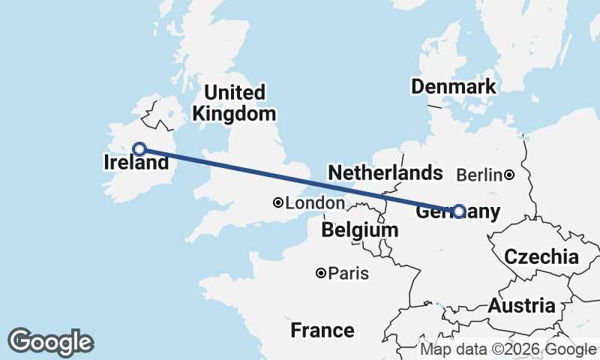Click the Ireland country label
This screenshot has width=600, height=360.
(x=136, y=162)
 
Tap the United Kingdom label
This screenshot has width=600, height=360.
(x=234, y=103)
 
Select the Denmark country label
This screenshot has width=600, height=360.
(x=453, y=86)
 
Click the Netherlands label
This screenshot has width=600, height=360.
(x=385, y=173)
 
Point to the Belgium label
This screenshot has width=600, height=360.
(x=359, y=230)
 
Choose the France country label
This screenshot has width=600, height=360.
(x=322, y=330)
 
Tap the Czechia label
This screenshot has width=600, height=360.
(x=541, y=257)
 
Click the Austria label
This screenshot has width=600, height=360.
(x=522, y=306)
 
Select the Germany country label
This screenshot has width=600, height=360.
(x=457, y=212)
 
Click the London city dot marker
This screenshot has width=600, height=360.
(x=278, y=202)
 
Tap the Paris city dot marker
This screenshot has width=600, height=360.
(x=321, y=274)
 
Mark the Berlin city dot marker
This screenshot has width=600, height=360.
(x=509, y=175)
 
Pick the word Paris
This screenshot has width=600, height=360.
(x=349, y=274)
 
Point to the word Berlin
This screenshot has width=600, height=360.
(x=478, y=175)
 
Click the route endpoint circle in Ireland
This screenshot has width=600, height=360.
(x=139, y=148)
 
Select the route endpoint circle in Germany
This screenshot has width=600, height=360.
(x=459, y=211)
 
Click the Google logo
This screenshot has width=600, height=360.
(x=50, y=342)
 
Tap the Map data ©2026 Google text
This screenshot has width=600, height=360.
(x=508, y=349)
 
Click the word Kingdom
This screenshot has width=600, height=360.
(x=234, y=114)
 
